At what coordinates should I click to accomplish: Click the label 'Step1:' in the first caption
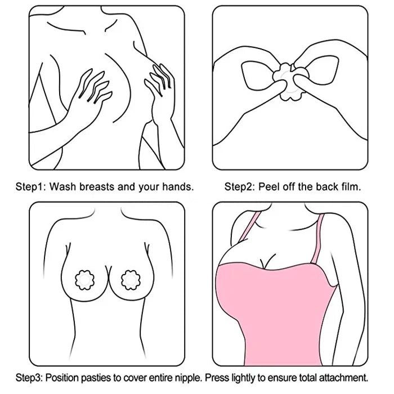tap(30, 187)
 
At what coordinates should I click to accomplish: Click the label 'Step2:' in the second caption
tap(239, 187)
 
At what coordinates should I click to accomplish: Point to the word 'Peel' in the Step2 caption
tap(269, 187)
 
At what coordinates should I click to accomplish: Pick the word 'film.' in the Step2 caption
tap(351, 187)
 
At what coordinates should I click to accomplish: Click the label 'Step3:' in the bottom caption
tap(30, 378)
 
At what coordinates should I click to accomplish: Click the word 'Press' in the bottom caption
tap(217, 378)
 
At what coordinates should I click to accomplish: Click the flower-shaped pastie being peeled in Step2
tap(291, 81)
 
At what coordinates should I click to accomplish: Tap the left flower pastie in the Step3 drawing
tap(84, 280)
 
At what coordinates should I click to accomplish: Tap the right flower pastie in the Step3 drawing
tap(131, 280)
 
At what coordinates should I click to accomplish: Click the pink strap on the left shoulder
tap(249, 227)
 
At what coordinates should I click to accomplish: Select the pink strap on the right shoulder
tap(317, 239)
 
